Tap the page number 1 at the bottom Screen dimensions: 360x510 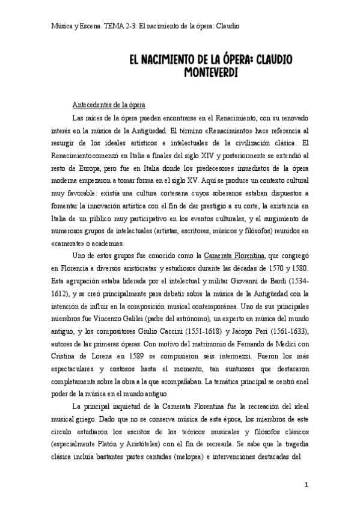(306, 485)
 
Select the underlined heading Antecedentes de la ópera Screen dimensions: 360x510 (108, 103)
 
